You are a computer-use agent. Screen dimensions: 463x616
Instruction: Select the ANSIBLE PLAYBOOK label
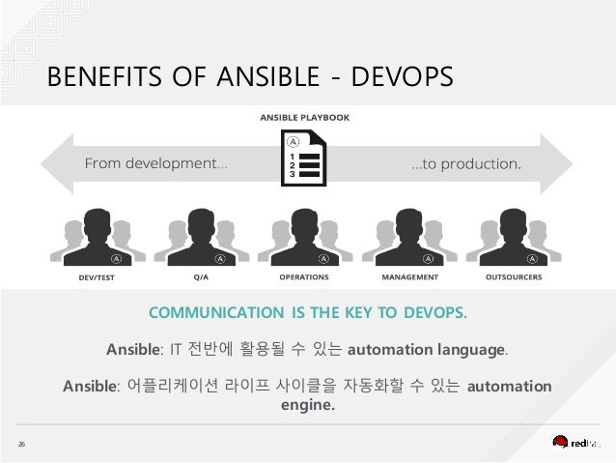click(x=304, y=118)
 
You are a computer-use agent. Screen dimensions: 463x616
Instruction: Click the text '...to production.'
click(x=466, y=162)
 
